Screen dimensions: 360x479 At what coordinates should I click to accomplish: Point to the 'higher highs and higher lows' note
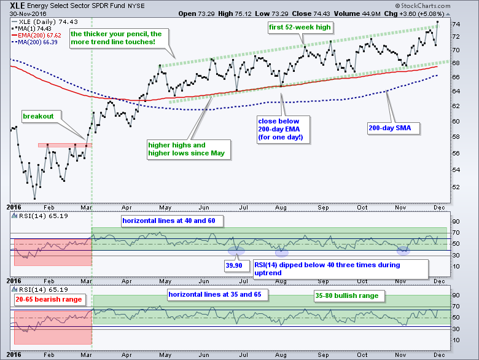click(187, 150)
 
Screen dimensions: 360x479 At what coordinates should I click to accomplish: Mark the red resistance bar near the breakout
click(64, 145)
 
